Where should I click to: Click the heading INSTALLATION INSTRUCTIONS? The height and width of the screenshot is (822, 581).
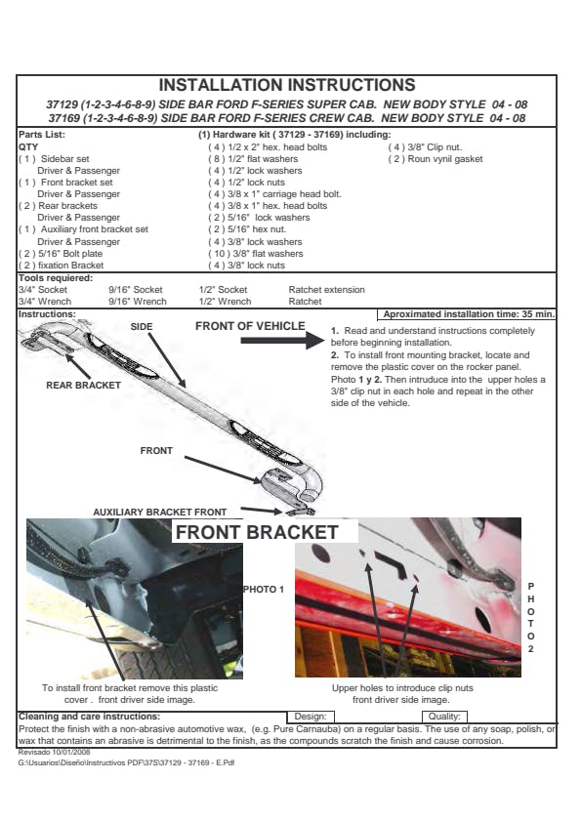pos(287,85)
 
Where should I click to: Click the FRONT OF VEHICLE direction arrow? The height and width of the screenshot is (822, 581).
pos(282,341)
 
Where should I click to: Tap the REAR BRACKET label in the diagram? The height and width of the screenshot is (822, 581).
pos(83,386)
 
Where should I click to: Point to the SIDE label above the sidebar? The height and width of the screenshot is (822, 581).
pos(142,327)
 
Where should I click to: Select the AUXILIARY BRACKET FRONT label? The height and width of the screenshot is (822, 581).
pos(160,513)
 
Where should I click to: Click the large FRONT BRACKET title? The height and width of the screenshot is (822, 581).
pos(257,532)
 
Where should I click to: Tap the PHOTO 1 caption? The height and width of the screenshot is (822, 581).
pos(264,590)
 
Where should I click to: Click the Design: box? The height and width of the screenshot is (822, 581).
pos(311,717)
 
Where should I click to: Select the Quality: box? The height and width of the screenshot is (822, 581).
pos(444,717)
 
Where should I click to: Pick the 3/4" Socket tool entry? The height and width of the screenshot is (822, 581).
pos(43,289)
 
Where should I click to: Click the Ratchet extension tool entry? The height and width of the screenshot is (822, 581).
pos(327,289)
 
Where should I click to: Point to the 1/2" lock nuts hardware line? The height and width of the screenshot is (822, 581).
pos(247,183)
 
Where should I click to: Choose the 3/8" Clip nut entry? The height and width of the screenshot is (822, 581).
pos(426,147)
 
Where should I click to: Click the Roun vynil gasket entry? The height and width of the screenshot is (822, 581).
pos(436,159)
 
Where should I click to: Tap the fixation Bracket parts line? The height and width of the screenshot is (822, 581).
pos(62,266)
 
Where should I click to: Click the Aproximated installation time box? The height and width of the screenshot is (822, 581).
pos(466,314)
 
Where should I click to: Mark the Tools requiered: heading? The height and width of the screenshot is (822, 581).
pos(56,278)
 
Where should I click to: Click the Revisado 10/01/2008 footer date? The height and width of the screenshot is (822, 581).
pos(54,752)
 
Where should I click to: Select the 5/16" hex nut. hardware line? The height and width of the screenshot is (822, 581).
pos(247,229)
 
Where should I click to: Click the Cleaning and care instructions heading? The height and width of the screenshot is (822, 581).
pos(89,717)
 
